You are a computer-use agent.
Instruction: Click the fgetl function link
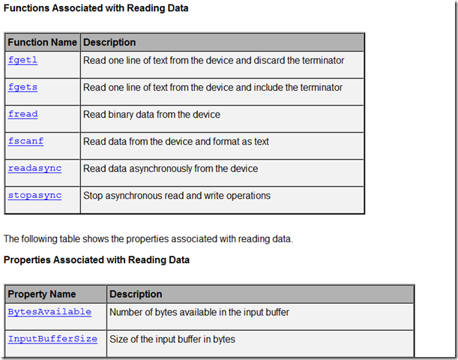coord(22,61)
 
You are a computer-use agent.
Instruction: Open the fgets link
coord(22,88)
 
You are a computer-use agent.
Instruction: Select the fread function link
coord(22,115)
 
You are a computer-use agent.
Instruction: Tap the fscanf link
coord(25,142)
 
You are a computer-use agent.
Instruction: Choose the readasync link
coord(34,169)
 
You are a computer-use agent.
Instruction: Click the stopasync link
coord(34,196)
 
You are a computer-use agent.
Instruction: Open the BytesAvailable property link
coord(49,312)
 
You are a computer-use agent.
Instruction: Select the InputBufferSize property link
coord(52,339)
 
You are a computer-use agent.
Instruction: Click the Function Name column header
coord(42,43)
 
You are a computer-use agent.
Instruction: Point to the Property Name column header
coord(42,294)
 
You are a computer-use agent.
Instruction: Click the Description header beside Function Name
coord(109,43)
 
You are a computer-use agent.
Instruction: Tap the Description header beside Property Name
coord(136,294)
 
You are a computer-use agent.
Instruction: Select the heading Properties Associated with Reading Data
coord(97,259)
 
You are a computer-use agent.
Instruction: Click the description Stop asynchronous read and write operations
coord(177,196)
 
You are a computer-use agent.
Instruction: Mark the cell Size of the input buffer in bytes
coord(172,339)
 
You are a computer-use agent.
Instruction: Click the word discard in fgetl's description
coord(270,61)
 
